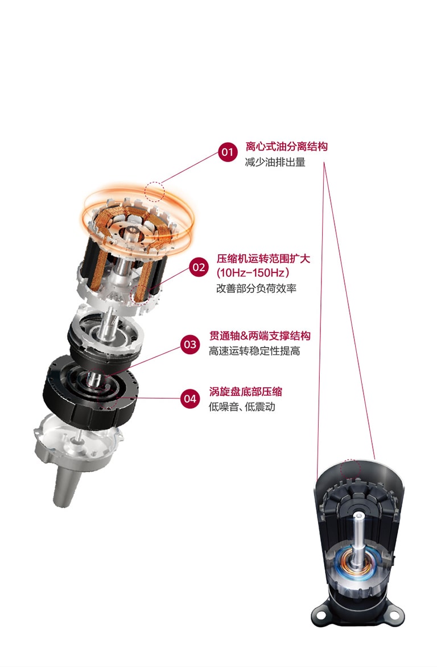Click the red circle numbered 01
pos(227,152)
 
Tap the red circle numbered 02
pos(199,267)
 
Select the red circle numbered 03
pos(190,344)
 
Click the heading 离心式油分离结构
pos(286,147)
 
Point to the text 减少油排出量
pos(275,163)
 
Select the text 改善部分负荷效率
pos(256,288)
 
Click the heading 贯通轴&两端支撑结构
pos(260,336)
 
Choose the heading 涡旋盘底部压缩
pos(245,391)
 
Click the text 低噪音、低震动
pos(242,407)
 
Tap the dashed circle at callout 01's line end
pos(154,191)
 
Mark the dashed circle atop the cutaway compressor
pos(350,469)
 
